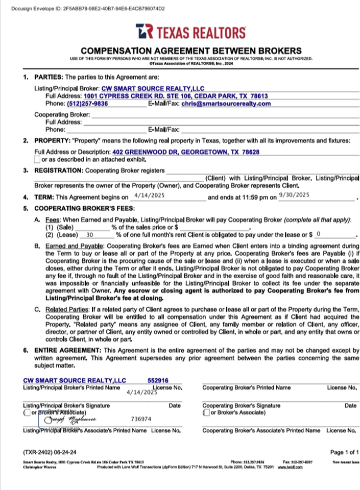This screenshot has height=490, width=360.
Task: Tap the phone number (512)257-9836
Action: point(87,104)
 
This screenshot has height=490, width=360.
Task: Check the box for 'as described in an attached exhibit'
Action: point(37,160)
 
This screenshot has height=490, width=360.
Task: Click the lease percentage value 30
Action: point(90,235)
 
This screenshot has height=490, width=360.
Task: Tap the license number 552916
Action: point(158,380)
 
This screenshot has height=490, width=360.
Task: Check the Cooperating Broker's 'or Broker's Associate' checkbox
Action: point(206,412)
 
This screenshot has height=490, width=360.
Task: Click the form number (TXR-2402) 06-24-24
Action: point(50,452)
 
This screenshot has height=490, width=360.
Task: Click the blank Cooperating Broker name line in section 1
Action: point(225,115)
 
